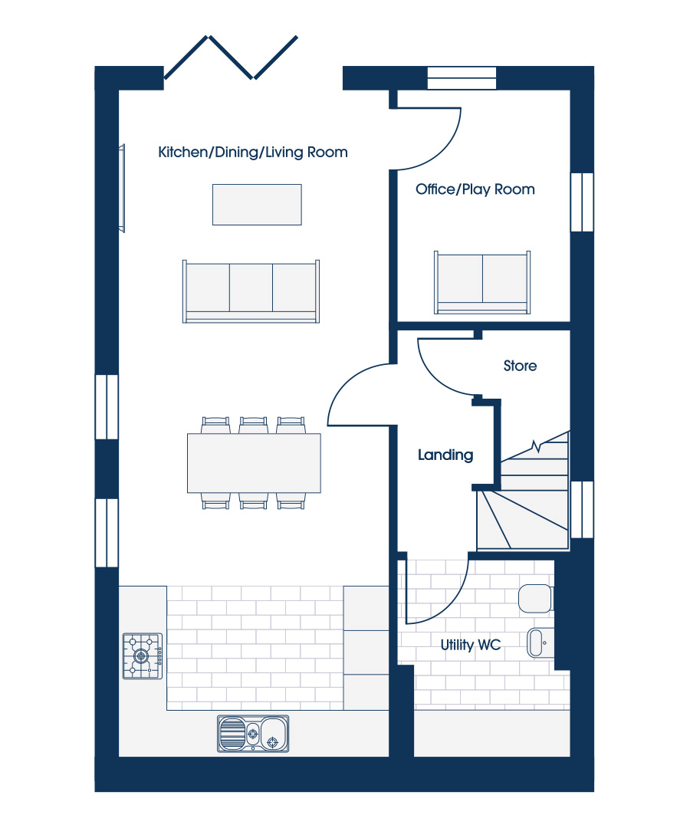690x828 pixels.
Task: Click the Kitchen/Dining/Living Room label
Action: pyautogui.click(x=253, y=153)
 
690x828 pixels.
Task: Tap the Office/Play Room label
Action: pyautogui.click(x=475, y=189)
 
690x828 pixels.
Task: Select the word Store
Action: pyautogui.click(x=520, y=366)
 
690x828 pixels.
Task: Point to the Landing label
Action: pyautogui.click(x=445, y=455)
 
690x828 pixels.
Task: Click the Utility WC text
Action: pyautogui.click(x=471, y=645)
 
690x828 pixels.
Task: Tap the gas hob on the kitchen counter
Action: pyautogui.click(x=143, y=655)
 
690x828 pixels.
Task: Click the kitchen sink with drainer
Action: pyautogui.click(x=254, y=734)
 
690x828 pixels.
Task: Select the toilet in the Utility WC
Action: pyautogui.click(x=536, y=598)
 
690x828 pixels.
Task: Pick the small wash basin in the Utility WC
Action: pyautogui.click(x=538, y=642)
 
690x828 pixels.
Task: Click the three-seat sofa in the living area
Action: pyautogui.click(x=251, y=291)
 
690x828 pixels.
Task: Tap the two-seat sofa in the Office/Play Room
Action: pyautogui.click(x=482, y=282)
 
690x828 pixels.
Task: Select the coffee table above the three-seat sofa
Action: pyautogui.click(x=257, y=205)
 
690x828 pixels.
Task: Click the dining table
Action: pyautogui.click(x=254, y=463)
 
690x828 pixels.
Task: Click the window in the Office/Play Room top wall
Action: pyautogui.click(x=462, y=78)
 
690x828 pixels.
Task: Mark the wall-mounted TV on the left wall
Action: pyautogui.click(x=122, y=188)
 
